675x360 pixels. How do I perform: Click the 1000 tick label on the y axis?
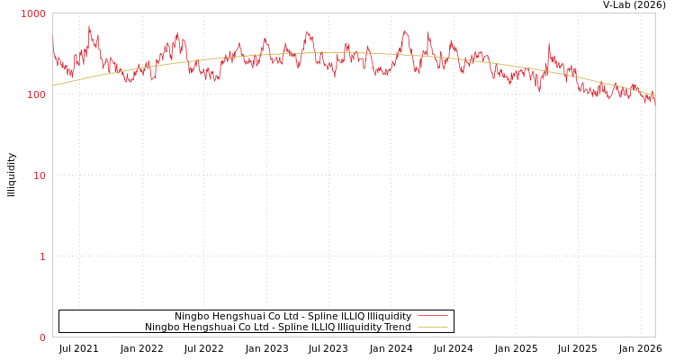(x=33, y=14)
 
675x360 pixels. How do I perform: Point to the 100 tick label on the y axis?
(x=36, y=95)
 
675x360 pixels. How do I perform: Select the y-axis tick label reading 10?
(x=39, y=176)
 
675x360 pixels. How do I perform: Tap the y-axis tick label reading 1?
(x=41, y=257)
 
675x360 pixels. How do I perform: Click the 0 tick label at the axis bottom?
(x=41, y=338)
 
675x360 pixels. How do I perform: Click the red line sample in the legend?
(x=432, y=316)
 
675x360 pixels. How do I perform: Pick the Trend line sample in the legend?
(x=432, y=327)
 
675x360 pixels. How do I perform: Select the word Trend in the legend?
(x=396, y=327)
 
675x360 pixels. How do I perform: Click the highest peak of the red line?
(x=89, y=26)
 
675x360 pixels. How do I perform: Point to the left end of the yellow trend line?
(x=53, y=85)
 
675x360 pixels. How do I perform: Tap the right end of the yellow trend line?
(x=654, y=94)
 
